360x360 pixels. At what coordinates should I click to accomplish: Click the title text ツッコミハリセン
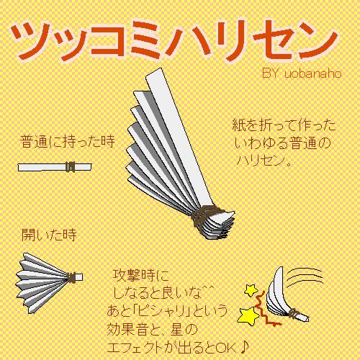(175, 41)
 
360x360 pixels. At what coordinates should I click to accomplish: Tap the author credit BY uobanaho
(302, 73)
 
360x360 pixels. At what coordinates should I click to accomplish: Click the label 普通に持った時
(68, 142)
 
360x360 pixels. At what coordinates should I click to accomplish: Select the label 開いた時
(49, 235)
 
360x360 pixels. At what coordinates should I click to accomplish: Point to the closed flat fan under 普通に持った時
(55, 167)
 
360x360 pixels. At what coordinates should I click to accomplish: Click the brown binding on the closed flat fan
(70, 167)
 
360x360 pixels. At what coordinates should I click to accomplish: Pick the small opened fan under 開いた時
(49, 283)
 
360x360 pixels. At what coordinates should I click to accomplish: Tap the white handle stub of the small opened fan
(78, 277)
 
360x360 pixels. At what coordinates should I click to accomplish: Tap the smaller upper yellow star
(251, 290)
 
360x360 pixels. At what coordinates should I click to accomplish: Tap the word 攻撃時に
(141, 276)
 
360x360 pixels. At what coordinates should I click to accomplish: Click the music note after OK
(244, 347)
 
